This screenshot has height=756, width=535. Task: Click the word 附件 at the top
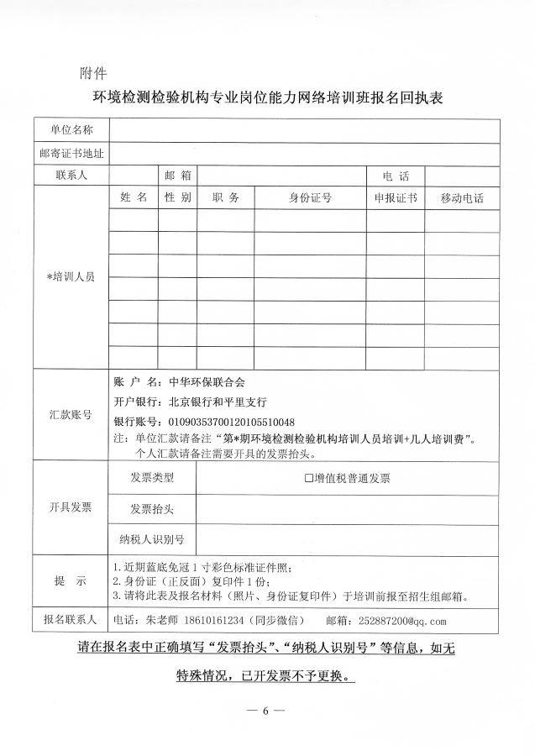pyautogui.click(x=92, y=72)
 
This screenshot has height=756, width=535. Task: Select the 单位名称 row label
pyautogui.click(x=71, y=130)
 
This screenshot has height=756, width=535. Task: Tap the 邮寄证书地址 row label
pyautogui.click(x=71, y=153)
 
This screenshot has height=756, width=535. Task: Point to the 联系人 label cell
pyautogui.click(x=71, y=176)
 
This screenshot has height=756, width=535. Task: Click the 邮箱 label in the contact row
pyautogui.click(x=178, y=176)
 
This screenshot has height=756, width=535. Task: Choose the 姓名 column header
pyautogui.click(x=134, y=197)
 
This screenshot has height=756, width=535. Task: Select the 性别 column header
pyautogui.click(x=178, y=197)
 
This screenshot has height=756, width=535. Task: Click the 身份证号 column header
pyautogui.click(x=310, y=198)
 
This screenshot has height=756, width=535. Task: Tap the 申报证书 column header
pyautogui.click(x=396, y=198)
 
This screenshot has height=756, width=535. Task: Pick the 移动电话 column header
pyautogui.click(x=462, y=198)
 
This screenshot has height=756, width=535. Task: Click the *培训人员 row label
pyautogui.click(x=71, y=276)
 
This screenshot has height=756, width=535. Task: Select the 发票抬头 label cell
pyautogui.click(x=152, y=509)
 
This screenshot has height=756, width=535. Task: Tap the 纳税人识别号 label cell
pyautogui.click(x=152, y=539)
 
